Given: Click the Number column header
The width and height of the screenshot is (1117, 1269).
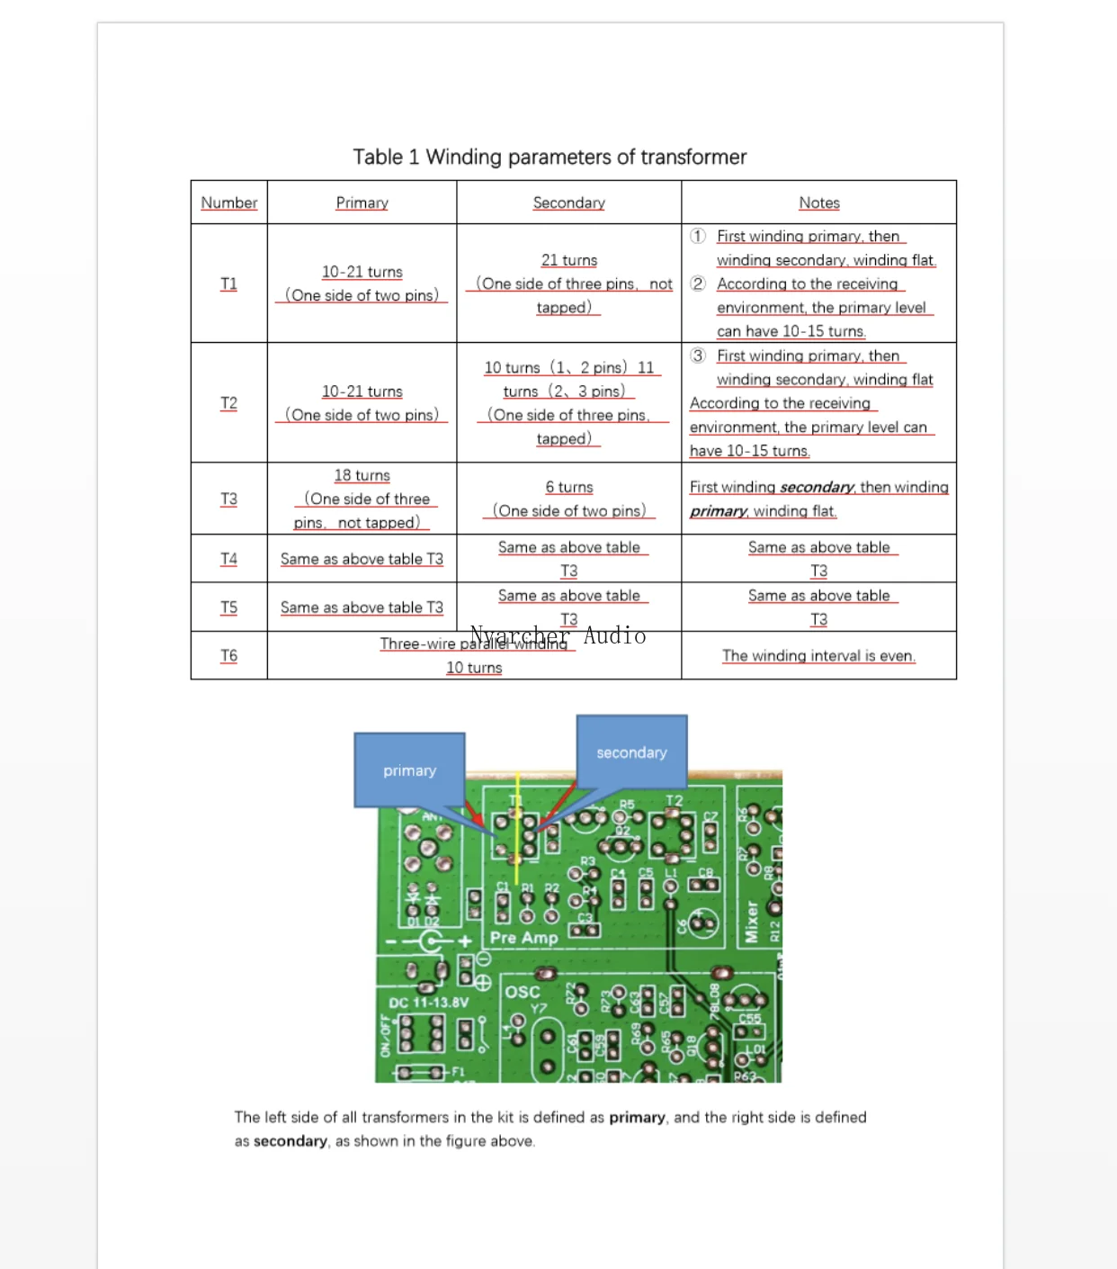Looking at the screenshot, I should [x=228, y=202].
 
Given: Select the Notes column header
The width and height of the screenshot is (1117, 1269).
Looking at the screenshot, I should [x=818, y=202].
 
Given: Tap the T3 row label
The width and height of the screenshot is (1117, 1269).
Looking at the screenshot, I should [x=228, y=499].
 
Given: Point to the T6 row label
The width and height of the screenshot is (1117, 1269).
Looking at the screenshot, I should [x=228, y=655].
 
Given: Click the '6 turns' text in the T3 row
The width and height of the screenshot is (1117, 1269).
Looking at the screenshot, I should [x=568, y=487].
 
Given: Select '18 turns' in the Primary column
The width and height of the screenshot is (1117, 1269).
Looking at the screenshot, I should [x=362, y=475].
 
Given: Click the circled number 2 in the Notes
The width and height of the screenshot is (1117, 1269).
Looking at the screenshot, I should [x=698, y=283].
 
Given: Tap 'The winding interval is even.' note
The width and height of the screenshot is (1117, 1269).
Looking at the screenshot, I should [x=818, y=655].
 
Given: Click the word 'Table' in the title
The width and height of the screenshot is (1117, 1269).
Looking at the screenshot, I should [x=378, y=157].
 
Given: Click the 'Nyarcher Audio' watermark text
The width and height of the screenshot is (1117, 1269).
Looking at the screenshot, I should [x=558, y=635].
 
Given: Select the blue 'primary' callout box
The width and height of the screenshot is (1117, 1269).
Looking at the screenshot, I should [x=410, y=769].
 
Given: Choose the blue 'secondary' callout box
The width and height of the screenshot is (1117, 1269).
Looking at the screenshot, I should [x=631, y=751].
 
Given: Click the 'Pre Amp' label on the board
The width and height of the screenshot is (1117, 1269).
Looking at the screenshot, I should [x=523, y=938].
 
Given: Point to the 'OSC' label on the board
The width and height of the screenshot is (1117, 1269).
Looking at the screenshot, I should [x=522, y=992].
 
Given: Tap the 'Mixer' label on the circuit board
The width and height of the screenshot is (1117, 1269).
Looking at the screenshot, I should [x=751, y=922].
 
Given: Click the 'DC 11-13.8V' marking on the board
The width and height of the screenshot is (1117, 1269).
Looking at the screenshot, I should [x=428, y=1002].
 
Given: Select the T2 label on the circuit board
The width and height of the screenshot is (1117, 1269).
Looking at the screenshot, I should [x=674, y=801].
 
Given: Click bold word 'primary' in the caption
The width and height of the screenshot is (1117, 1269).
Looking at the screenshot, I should [x=637, y=1117].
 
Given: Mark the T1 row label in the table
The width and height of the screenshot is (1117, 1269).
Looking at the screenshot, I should [x=228, y=283].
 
